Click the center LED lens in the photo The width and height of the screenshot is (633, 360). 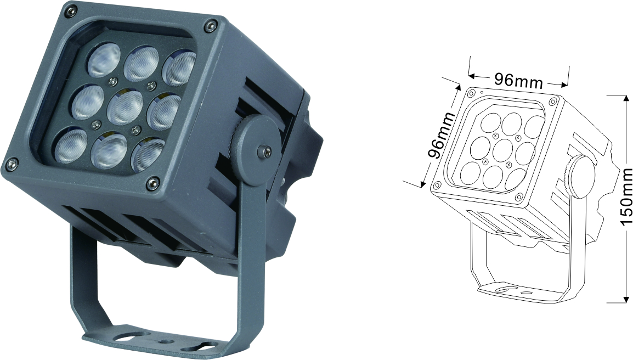tap(125, 108)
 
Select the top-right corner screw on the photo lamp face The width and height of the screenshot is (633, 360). tap(209, 27)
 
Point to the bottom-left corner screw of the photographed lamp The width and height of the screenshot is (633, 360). tap(11, 164)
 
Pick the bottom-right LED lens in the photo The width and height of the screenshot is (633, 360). tap(148, 155)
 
